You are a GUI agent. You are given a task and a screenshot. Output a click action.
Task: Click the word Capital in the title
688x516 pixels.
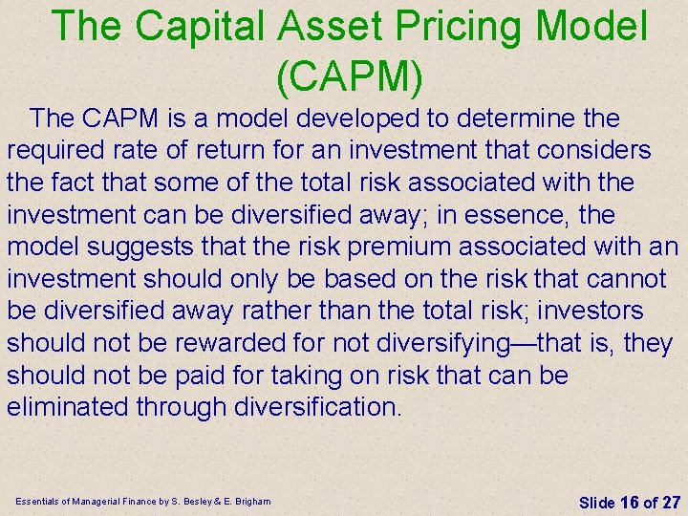click(x=197, y=26)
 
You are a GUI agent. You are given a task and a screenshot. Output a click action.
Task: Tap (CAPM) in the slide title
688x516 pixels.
click(x=349, y=76)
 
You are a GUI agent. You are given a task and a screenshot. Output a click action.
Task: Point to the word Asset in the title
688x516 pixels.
click(x=316, y=26)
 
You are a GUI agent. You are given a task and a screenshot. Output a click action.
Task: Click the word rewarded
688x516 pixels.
click(x=232, y=343)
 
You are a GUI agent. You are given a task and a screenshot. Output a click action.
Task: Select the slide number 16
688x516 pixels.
click(x=629, y=502)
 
